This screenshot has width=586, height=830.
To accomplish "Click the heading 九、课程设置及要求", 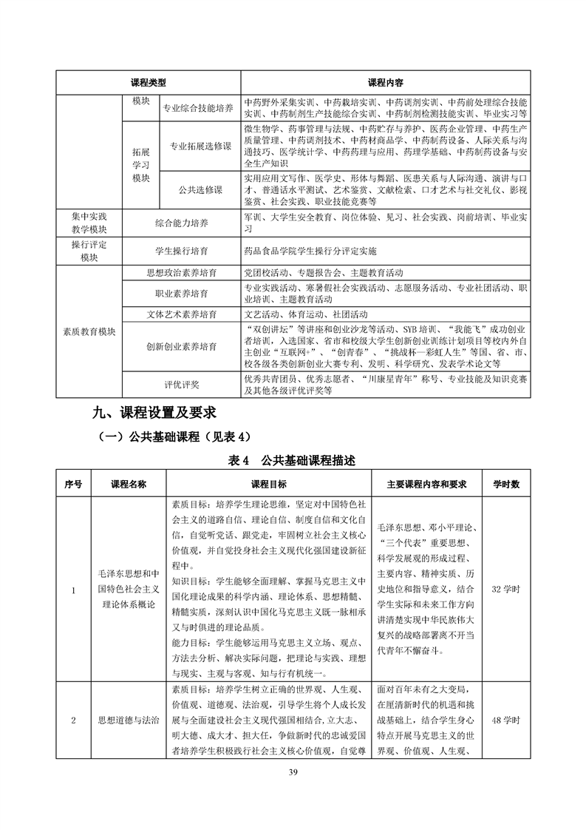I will pyautogui.click(x=154, y=411).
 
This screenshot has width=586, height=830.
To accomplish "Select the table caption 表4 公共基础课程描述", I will pyautogui.click(x=293, y=460).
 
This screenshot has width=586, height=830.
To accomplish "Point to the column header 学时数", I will pyautogui.click(x=506, y=484).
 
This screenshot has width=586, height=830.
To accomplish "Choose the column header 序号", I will pyautogui.click(x=73, y=484).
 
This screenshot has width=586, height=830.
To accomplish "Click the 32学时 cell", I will pyautogui.click(x=506, y=590).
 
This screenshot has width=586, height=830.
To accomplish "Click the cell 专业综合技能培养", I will pyautogui.click(x=197, y=108).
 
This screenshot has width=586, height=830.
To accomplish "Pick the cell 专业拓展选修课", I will pyautogui.click(x=200, y=146).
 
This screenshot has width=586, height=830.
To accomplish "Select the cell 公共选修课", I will pyautogui.click(x=200, y=189).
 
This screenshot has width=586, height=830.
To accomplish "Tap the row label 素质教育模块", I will pyautogui.click(x=89, y=331).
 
